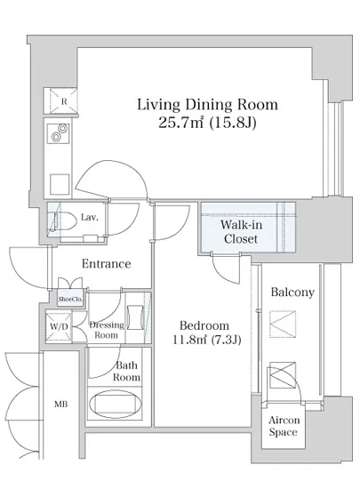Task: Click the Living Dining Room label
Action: click(x=207, y=105)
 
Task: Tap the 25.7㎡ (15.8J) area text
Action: click(x=207, y=123)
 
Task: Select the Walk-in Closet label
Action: click(x=241, y=232)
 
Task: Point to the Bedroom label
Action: click(x=204, y=325)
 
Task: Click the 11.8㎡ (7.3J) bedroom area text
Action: click(x=207, y=340)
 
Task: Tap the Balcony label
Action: click(x=292, y=293)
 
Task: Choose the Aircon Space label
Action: click(x=284, y=426)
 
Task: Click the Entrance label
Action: click(x=107, y=264)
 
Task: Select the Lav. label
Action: click(x=90, y=217)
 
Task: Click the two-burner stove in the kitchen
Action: click(x=59, y=133)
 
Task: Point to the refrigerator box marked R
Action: click(x=60, y=101)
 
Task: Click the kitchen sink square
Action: click(x=60, y=184)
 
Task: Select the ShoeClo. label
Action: click(x=70, y=299)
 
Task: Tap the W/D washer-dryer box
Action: click(x=59, y=326)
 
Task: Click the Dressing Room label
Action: click(x=107, y=330)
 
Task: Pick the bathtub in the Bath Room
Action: click(x=116, y=405)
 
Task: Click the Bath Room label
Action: click(x=126, y=372)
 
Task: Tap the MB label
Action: click(x=61, y=405)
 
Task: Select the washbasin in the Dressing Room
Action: click(x=136, y=317)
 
